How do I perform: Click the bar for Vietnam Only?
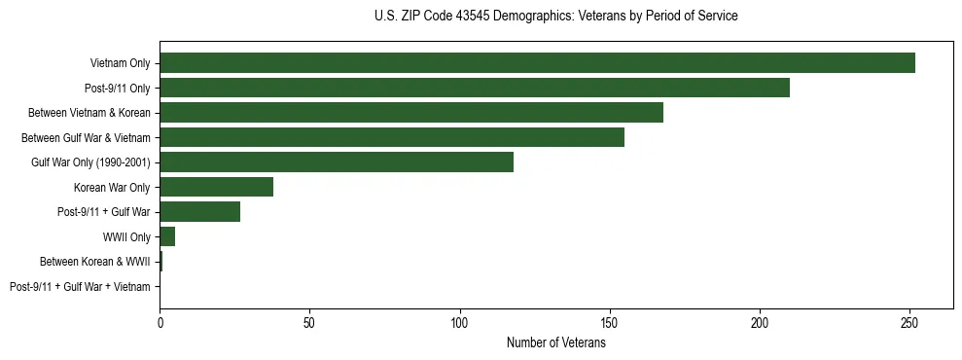[x=537, y=63]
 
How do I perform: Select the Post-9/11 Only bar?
[x=475, y=89]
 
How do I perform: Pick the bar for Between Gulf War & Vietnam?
[x=392, y=137]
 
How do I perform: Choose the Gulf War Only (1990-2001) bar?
[x=337, y=162]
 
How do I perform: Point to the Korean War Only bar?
[x=216, y=187]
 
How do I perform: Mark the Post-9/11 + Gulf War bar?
[x=199, y=212]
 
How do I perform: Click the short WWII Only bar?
[x=167, y=236]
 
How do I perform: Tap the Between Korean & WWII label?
[x=95, y=262]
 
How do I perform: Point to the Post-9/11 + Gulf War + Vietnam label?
[x=80, y=287]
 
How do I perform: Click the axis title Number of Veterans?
[x=556, y=342]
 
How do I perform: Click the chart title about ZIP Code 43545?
[x=555, y=17]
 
